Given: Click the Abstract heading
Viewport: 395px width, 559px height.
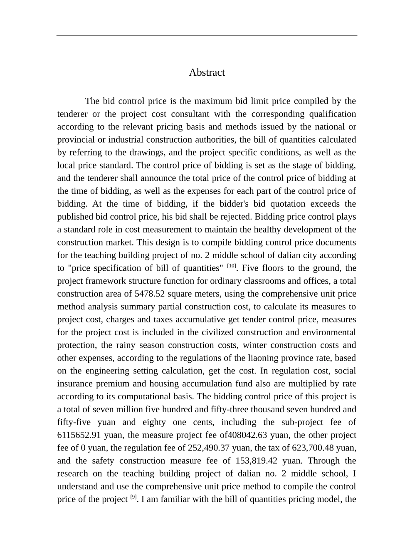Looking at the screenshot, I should pyautogui.click(x=207, y=72).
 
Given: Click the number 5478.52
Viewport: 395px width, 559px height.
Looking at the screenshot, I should pyautogui.click(x=150, y=294).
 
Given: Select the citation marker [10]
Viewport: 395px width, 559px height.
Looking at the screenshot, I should pyautogui.click(x=232, y=266).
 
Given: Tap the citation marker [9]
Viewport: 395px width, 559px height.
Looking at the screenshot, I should pyautogui.click(x=133, y=497).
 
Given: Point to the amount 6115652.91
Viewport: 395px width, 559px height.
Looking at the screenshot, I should pyautogui.click(x=75, y=435).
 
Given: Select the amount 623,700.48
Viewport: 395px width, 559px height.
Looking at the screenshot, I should pyautogui.click(x=311, y=448).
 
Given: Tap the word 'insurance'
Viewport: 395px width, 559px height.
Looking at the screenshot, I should pyautogui.click(x=75, y=384).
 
